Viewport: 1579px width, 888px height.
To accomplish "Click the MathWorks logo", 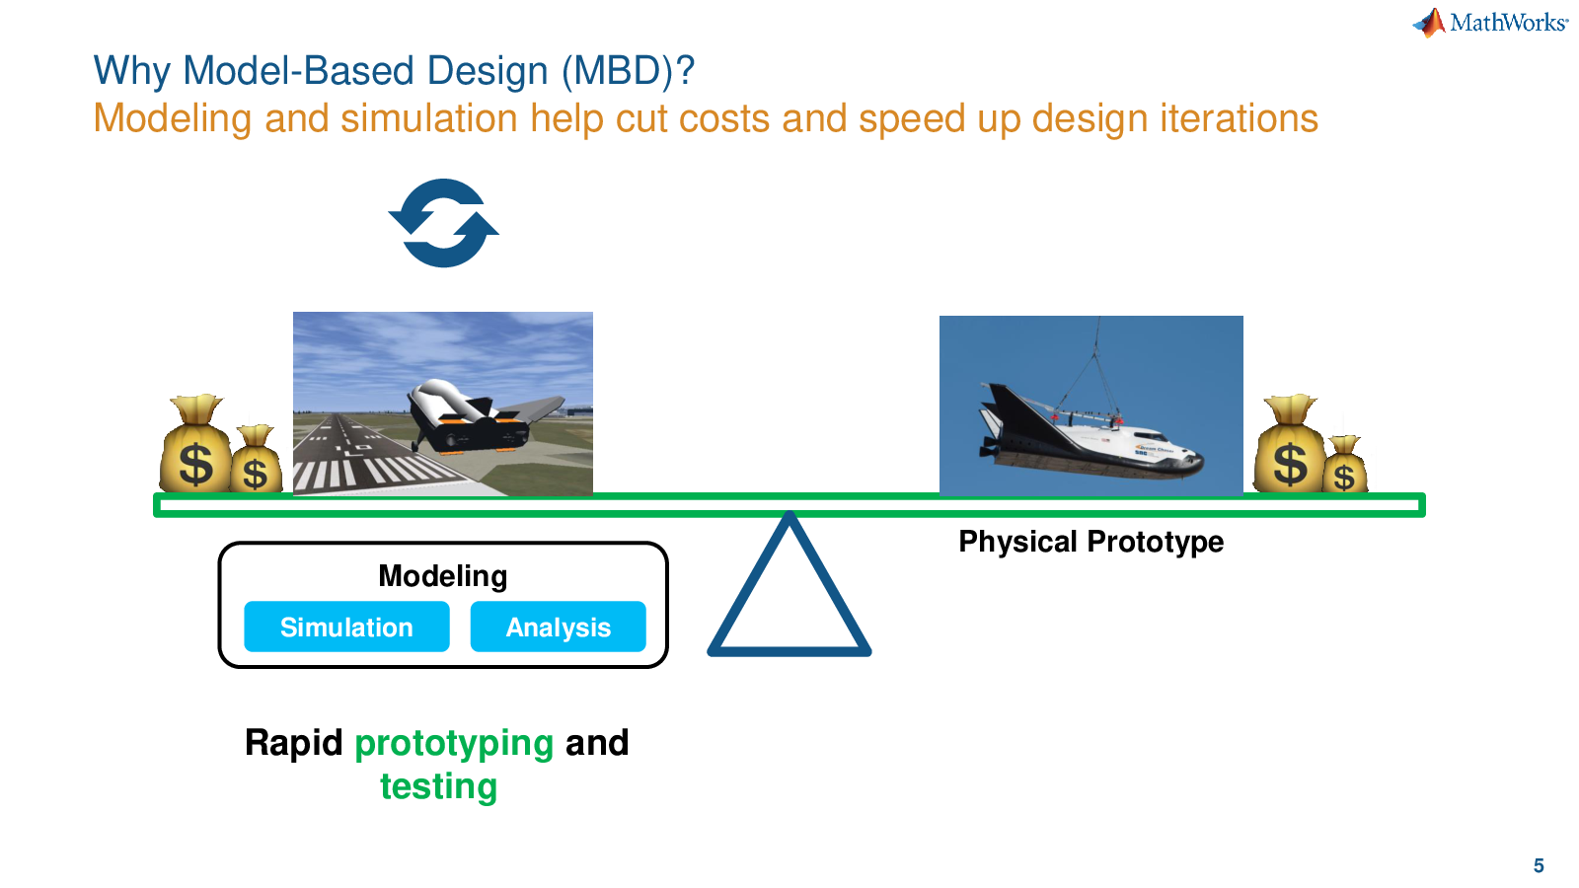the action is [1490, 23].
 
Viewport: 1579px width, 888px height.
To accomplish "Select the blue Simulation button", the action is [346, 627].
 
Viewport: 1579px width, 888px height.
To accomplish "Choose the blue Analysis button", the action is [558, 627].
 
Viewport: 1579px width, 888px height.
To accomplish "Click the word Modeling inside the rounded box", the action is [443, 576].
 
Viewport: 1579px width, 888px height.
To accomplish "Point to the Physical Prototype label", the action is [1090, 542].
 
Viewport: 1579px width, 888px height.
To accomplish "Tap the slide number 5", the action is [1539, 865].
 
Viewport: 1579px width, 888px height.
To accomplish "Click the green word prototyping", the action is [454, 744].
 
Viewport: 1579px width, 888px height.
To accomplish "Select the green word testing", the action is [438, 785].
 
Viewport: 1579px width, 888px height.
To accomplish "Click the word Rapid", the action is [293, 743].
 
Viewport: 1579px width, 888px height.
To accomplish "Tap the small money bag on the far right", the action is [1344, 465].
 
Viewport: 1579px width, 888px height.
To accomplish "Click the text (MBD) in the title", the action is [628, 70].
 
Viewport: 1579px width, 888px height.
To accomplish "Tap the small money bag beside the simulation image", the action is [256, 459].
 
